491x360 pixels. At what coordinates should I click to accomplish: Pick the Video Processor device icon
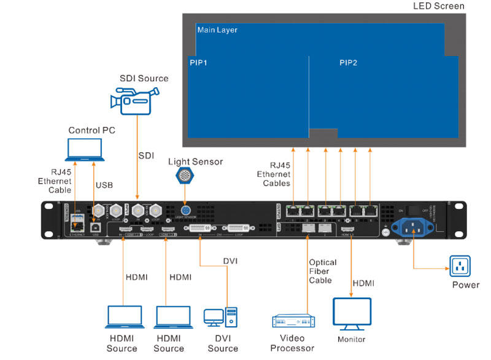click(x=293, y=322)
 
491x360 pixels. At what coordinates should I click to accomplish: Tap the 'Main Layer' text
click(x=217, y=29)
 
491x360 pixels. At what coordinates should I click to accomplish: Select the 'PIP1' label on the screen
click(x=198, y=63)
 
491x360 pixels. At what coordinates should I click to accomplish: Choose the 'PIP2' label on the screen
click(x=348, y=63)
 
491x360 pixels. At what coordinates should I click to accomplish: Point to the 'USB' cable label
click(x=104, y=184)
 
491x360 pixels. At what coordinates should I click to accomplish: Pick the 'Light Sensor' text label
click(x=195, y=162)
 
